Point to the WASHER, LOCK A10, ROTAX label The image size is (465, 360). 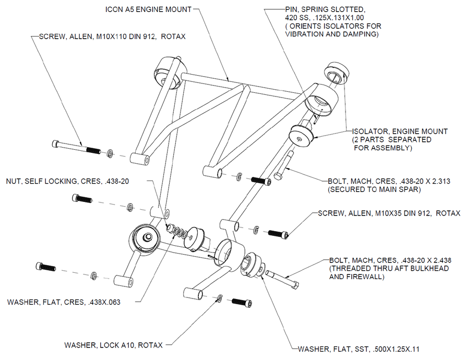pyautogui.click(x=113, y=345)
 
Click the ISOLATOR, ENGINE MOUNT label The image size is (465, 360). pyautogui.click(x=400, y=131)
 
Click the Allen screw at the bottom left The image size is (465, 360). pyautogui.click(x=46, y=267)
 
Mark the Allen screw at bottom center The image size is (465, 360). pyautogui.click(x=241, y=302)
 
